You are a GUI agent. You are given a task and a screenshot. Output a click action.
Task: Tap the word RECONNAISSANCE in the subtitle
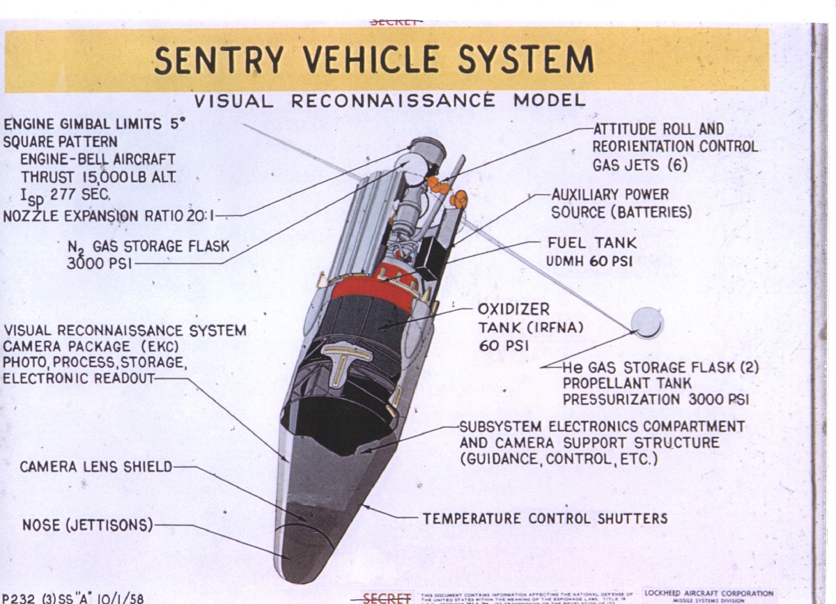pos(392,101)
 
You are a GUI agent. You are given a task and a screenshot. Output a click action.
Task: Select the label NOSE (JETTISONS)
pos(87,525)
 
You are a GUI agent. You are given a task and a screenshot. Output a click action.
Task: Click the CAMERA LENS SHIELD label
pos(95,466)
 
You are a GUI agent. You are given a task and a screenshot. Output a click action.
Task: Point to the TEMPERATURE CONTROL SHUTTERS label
pos(545,518)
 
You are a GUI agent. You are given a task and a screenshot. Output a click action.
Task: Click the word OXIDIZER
pos(513,309)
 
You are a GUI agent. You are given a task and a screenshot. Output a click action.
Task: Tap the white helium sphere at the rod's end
pos(647,323)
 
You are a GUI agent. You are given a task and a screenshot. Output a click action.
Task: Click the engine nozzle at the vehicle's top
pos(426,148)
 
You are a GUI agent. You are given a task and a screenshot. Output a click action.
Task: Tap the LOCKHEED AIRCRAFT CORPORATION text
pos(699,594)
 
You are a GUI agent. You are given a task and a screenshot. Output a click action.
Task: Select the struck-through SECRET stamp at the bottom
pos(387,598)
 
